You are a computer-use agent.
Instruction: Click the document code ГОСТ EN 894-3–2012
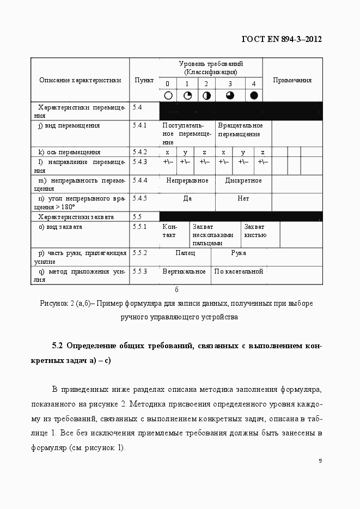281,39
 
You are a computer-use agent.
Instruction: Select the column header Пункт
144,80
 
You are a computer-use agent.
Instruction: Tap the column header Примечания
292,80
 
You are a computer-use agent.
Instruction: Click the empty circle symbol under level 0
168,95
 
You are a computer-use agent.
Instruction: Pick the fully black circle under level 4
253,95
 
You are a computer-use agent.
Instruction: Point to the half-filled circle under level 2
206,95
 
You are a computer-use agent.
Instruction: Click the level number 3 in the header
230,83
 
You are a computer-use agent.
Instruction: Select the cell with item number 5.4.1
140,126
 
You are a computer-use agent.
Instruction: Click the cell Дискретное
243,180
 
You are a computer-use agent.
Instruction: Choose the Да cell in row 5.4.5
187,199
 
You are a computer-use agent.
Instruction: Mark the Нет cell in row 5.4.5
243,199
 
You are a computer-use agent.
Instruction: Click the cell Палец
185,253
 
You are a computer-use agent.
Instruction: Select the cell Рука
238,253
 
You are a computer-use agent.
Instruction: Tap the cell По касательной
239,271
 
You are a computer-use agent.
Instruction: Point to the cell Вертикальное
184,271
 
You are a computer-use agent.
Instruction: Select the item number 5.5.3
140,271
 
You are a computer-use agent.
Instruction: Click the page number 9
320,460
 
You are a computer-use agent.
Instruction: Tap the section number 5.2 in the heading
58,346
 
